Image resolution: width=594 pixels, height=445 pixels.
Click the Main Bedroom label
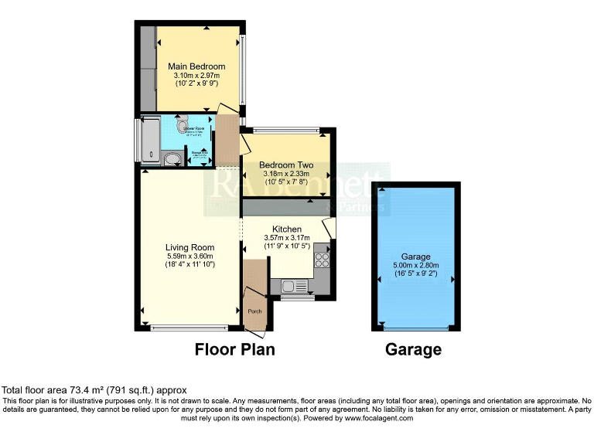pos(196,66)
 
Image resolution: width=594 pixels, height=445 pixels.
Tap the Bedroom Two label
pos(285,165)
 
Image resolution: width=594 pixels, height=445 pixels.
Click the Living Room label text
pos(189,247)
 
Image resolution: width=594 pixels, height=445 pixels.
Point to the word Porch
pos(254,311)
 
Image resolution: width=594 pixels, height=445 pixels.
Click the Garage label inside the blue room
pos(415,256)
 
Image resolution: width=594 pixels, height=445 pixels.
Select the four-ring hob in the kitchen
pos(321,260)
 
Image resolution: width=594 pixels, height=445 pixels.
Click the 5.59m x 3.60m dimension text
pos(189,256)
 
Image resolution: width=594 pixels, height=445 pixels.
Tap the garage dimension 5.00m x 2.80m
pos(415,265)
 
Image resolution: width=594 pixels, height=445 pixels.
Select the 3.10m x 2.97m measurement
pos(196,75)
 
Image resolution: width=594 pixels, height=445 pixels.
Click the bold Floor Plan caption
pos(234,349)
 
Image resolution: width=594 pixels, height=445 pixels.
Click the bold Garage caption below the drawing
pos(414,349)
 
